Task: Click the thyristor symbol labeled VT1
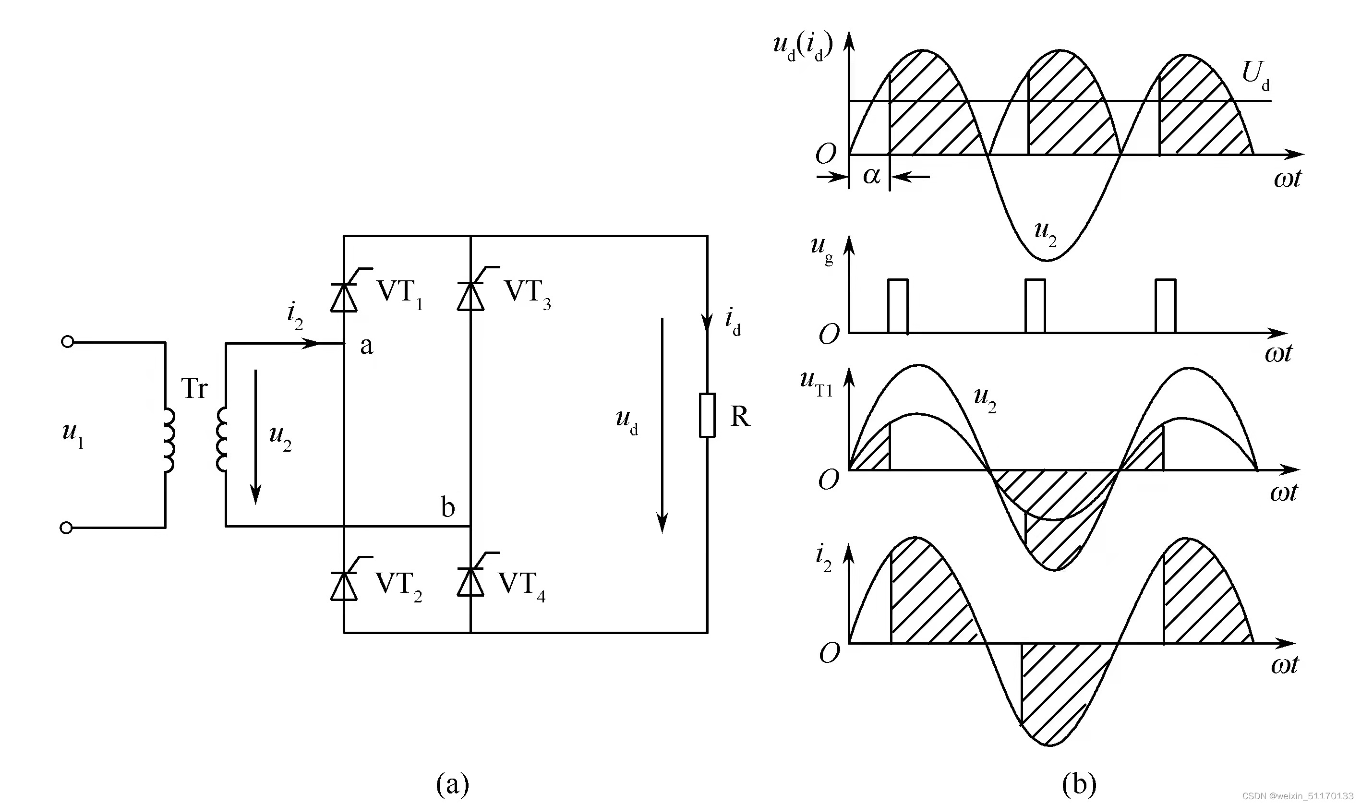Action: [344, 296]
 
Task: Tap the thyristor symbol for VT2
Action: [344, 585]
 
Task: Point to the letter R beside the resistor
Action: [740, 417]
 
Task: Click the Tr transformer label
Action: [193, 388]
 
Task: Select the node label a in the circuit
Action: [367, 346]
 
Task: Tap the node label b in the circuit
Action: [447, 508]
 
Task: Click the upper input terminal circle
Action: [67, 342]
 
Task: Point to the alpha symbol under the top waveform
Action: [871, 175]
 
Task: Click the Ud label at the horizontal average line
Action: [1256, 76]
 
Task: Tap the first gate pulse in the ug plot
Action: [898, 305]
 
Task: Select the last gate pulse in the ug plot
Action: [1165, 305]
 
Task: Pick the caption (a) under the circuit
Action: [452, 784]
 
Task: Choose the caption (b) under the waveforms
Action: [1078, 784]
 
